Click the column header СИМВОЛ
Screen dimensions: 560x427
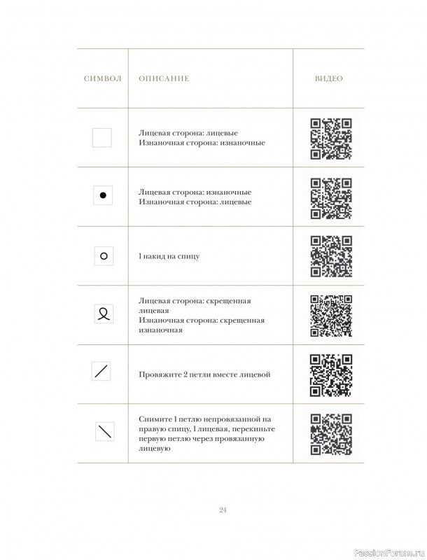[x=102, y=78]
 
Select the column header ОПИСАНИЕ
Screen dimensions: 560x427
[x=164, y=78]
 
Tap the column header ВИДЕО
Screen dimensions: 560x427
[x=328, y=78]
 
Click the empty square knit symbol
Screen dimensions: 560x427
[x=102, y=137]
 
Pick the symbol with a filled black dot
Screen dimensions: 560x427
[x=103, y=196]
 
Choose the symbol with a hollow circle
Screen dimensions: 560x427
[x=103, y=256]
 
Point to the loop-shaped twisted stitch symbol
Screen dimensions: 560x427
[x=103, y=314]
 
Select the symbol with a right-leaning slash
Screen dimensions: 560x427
[x=102, y=372]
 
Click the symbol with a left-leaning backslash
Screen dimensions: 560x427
[x=103, y=433]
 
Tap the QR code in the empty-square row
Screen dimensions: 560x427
[x=330, y=138]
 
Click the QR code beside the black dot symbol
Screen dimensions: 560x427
[x=330, y=197]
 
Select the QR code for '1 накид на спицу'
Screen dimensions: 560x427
[x=330, y=256]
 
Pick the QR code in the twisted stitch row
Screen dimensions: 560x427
[x=330, y=315]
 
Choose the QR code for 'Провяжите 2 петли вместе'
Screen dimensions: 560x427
[x=330, y=374]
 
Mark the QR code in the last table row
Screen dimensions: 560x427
[x=330, y=433]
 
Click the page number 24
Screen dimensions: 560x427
[x=222, y=510]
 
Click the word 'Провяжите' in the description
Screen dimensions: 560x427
[x=159, y=374]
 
